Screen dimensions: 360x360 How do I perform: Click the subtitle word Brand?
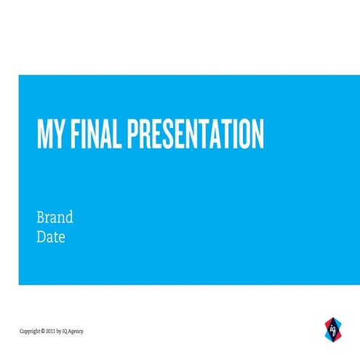coord(55,217)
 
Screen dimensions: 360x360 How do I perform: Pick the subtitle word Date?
coord(51,237)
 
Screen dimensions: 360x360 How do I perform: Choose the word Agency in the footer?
coord(77,331)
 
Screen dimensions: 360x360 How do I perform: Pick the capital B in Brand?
coord(41,217)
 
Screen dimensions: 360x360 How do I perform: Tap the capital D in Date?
coord(41,237)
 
